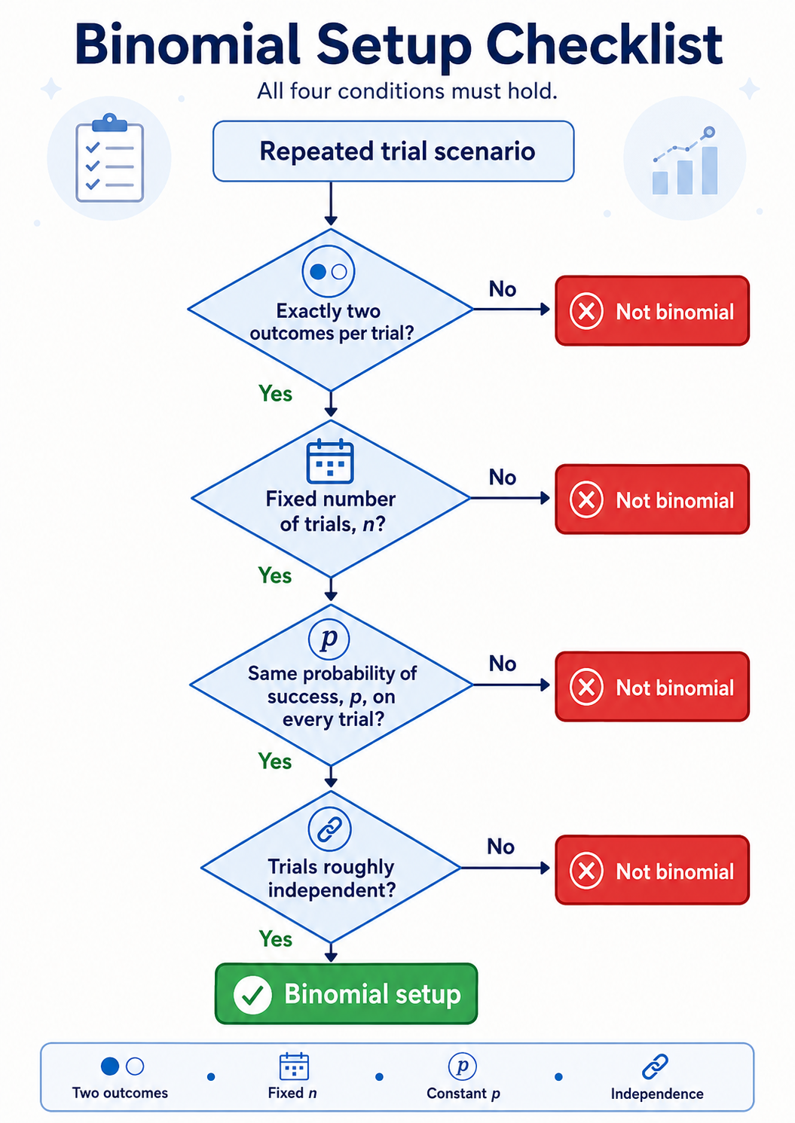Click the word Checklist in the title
[x=604, y=44]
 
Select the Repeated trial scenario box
[x=393, y=151]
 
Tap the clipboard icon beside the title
[x=109, y=158]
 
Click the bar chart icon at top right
[x=685, y=160]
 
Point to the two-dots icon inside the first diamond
[x=329, y=272]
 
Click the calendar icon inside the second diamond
[x=329, y=461]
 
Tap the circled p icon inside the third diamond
[x=329, y=639]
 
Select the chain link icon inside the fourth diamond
[x=329, y=829]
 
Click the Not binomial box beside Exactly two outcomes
[x=652, y=311]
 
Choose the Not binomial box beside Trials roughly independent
[x=652, y=871]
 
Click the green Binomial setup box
[x=346, y=993]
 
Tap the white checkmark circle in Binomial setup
[x=252, y=995]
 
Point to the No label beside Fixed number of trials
[x=503, y=478]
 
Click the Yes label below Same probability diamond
[x=275, y=761]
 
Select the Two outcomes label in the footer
[x=120, y=1093]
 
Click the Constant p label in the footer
[x=463, y=1094]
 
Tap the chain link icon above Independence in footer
[x=655, y=1067]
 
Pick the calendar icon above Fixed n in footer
[x=294, y=1066]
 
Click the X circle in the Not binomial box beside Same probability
[x=586, y=686]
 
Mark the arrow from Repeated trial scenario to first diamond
[x=331, y=203]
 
